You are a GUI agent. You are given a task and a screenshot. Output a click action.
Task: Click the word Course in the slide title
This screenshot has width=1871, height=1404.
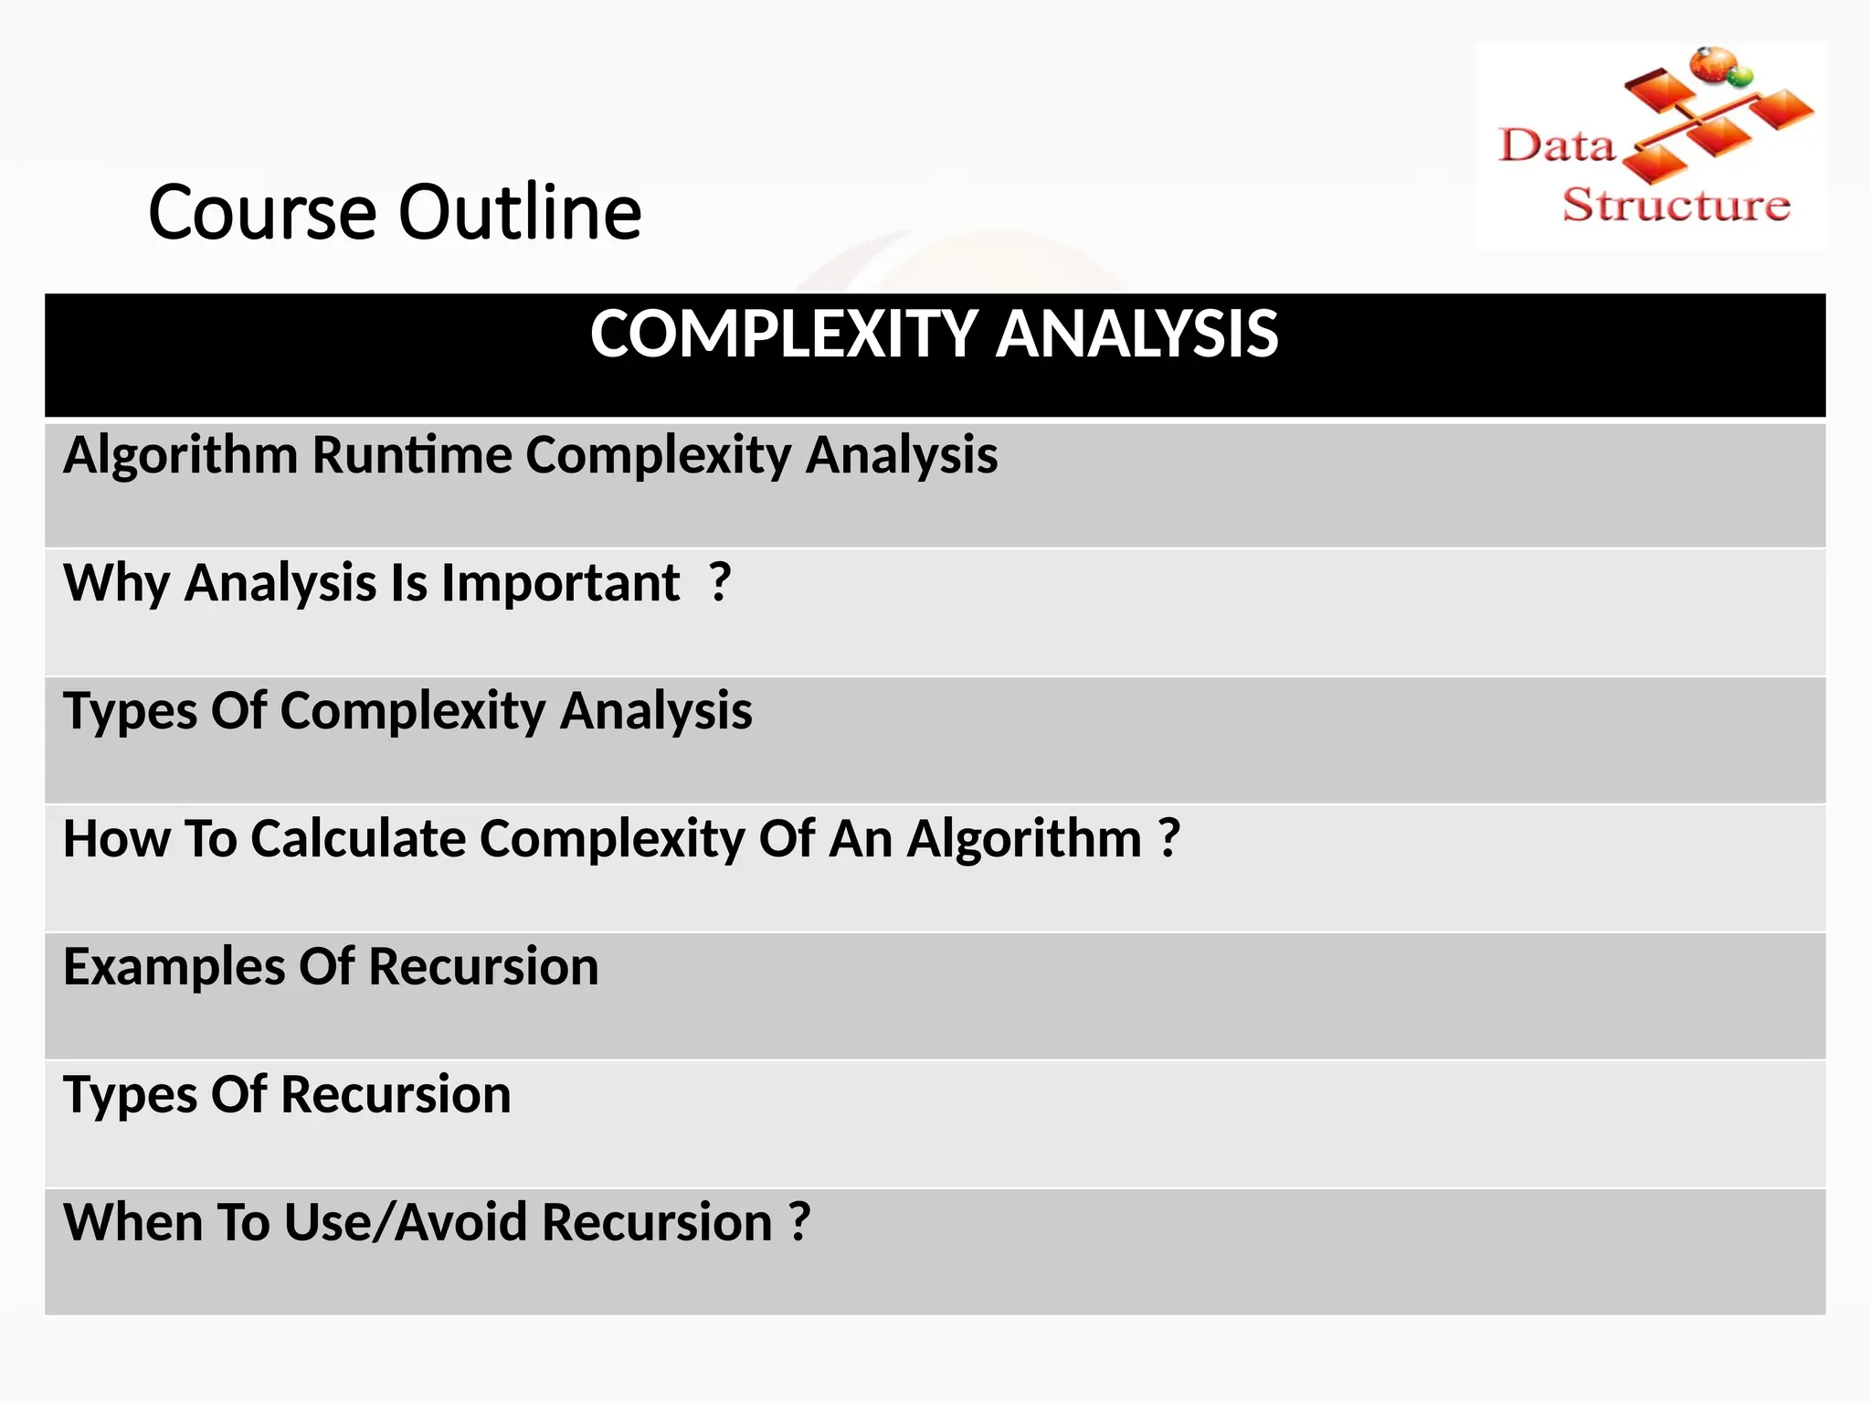coord(262,212)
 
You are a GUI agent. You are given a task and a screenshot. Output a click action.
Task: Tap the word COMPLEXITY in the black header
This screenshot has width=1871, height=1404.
coord(785,334)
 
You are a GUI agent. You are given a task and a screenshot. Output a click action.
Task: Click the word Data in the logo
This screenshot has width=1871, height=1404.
coord(1557,146)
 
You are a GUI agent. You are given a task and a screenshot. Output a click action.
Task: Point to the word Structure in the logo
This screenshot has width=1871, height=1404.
coord(1675,205)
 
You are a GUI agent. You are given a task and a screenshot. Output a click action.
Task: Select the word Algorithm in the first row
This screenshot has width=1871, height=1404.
coord(180,454)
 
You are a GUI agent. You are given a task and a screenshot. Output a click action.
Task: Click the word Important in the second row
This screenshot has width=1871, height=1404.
coord(560,582)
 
